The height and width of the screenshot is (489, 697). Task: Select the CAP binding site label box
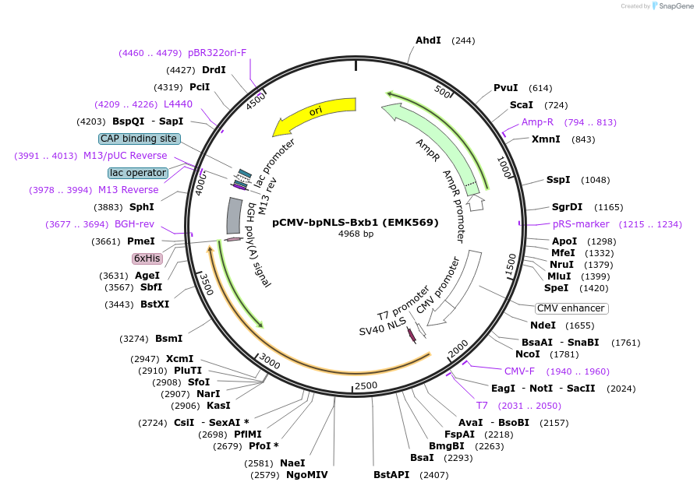tap(140, 139)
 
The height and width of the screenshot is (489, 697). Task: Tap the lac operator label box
tap(138, 173)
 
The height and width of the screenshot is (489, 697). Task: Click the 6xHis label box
tap(147, 258)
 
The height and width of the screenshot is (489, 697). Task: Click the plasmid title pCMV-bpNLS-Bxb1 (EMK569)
tap(356, 222)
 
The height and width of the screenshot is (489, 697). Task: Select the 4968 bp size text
tap(356, 234)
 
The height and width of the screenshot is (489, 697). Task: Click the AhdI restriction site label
tap(428, 40)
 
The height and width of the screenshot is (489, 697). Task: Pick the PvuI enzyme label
tap(506, 88)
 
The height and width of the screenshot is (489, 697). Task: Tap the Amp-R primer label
tap(537, 122)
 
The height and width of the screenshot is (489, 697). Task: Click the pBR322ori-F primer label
tap(217, 53)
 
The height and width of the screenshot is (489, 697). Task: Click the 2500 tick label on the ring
tap(365, 385)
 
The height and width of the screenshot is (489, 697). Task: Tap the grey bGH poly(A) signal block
tap(233, 216)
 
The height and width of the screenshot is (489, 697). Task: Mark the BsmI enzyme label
tap(168, 339)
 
